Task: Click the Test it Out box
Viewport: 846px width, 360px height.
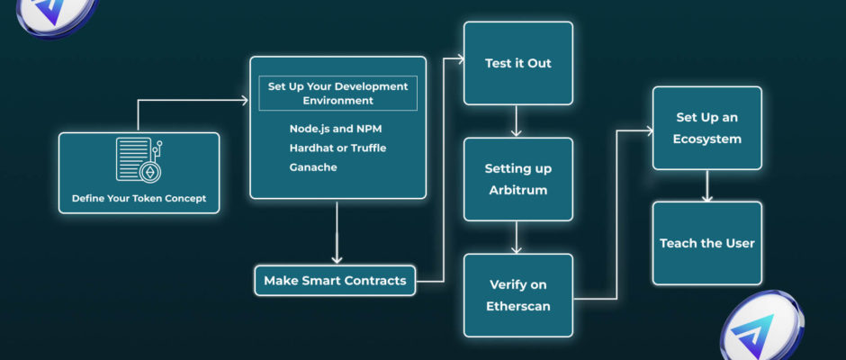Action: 518,63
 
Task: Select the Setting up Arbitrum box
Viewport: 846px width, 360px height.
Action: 518,179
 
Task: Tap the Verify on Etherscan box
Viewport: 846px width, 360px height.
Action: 518,295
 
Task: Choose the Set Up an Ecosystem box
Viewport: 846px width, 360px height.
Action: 706,128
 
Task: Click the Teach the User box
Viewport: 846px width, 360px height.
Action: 706,243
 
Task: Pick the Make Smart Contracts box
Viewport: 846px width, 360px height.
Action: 335,281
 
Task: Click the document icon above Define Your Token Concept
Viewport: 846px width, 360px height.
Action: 139,160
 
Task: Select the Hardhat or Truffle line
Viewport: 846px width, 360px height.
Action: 337,148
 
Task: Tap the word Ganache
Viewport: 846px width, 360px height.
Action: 313,167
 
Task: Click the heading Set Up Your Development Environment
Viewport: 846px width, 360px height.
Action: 337,94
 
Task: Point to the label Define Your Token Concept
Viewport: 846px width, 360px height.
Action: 139,198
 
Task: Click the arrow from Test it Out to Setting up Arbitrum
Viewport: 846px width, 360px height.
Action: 517,121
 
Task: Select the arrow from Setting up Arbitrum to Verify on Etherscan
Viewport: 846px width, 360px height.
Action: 517,237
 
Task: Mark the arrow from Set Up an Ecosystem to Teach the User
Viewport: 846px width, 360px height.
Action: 706,186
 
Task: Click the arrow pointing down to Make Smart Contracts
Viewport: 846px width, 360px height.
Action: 337,232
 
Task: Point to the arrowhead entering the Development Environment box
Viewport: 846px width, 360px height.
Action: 244,101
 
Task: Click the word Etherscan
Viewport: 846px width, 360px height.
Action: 518,306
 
